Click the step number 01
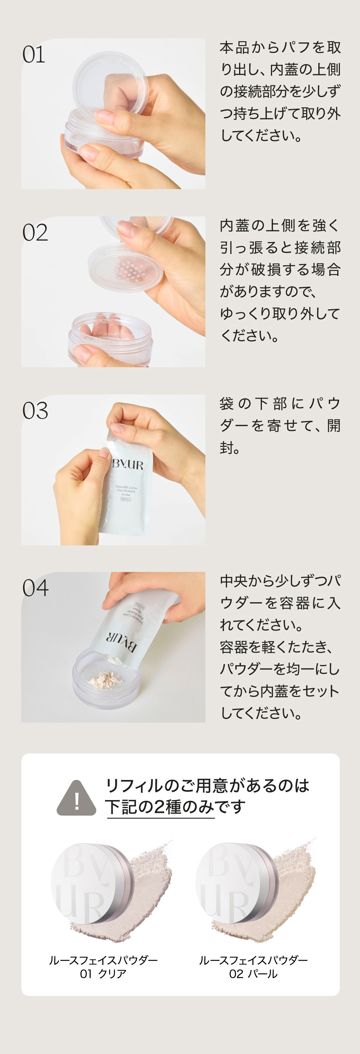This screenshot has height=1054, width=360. pyautogui.click(x=34, y=55)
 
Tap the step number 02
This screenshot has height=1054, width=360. pyautogui.click(x=35, y=233)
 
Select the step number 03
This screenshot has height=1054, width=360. pyautogui.click(x=35, y=411)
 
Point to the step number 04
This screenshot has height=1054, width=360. pyautogui.click(x=36, y=588)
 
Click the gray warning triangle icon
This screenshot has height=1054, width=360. pyautogui.click(x=76, y=798)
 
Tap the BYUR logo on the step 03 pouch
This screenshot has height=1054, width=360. pyautogui.click(x=128, y=465)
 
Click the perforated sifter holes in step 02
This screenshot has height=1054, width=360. pyautogui.click(x=129, y=269)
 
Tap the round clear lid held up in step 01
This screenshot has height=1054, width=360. pyautogui.click(x=110, y=84)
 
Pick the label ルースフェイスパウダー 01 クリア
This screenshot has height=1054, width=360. pyautogui.click(x=103, y=967)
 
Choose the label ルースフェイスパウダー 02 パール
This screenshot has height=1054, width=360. pyautogui.click(x=253, y=967)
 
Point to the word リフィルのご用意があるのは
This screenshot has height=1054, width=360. pyautogui.click(x=207, y=786)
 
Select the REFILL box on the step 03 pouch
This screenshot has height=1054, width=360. pyautogui.click(x=126, y=499)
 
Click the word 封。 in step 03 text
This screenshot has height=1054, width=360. pyautogui.click(x=230, y=448)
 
